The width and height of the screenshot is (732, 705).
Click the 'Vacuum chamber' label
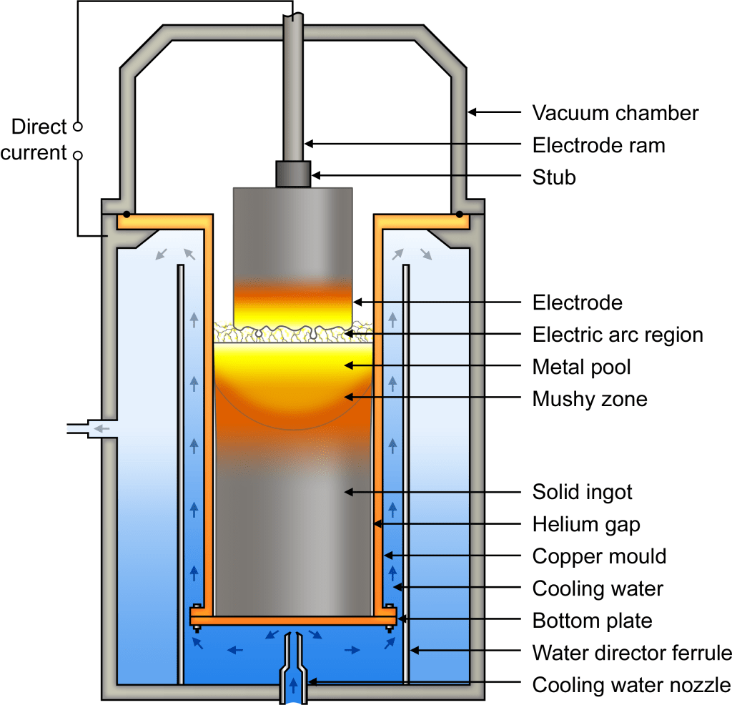pos(615,113)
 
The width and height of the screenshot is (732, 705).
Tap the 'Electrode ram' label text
pos(598,145)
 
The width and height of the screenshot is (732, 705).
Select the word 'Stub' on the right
pos(554,177)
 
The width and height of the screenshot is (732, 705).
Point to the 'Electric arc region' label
pos(618,335)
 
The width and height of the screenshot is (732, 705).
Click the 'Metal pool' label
pos(581,367)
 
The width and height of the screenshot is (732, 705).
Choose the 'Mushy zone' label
pos(590,399)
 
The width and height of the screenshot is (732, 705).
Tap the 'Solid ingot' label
pos(582,492)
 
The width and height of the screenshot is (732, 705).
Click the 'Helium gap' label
pos(586,524)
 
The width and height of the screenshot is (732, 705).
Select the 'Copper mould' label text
pos(599,556)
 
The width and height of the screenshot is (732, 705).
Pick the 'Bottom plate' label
pos(592,621)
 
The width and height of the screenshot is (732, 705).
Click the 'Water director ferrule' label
pos(632,653)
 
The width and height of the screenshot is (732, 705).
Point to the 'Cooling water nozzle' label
pos(632,685)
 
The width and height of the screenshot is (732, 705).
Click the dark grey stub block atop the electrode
pos(293,174)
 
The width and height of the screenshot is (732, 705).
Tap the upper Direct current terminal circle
pos(79,126)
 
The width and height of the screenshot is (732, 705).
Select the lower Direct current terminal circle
pos(79,155)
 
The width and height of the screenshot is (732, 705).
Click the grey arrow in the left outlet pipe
pos(102,428)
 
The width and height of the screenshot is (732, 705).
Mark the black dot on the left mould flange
pos(127,215)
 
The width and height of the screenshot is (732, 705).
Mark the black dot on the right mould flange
pos(460,215)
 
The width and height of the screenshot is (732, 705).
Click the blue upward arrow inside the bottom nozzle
pos(293,685)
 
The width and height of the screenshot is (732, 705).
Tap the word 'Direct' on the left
pos(39,127)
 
